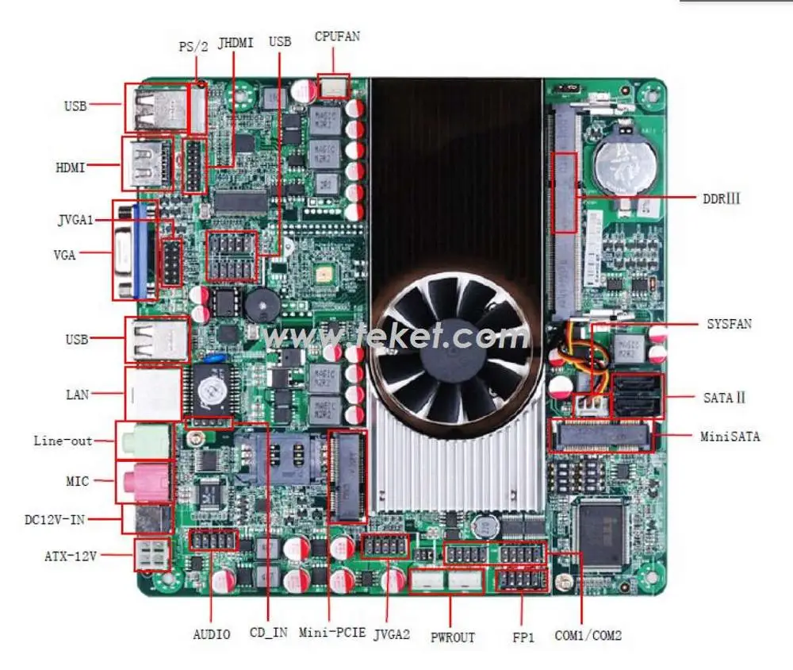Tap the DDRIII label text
(720, 198)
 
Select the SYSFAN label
(729, 324)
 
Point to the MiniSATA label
(730, 436)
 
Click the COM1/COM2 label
(588, 635)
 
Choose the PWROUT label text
(452, 637)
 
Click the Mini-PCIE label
(332, 633)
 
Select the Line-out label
(63, 441)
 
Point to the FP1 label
(523, 637)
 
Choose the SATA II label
(724, 397)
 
